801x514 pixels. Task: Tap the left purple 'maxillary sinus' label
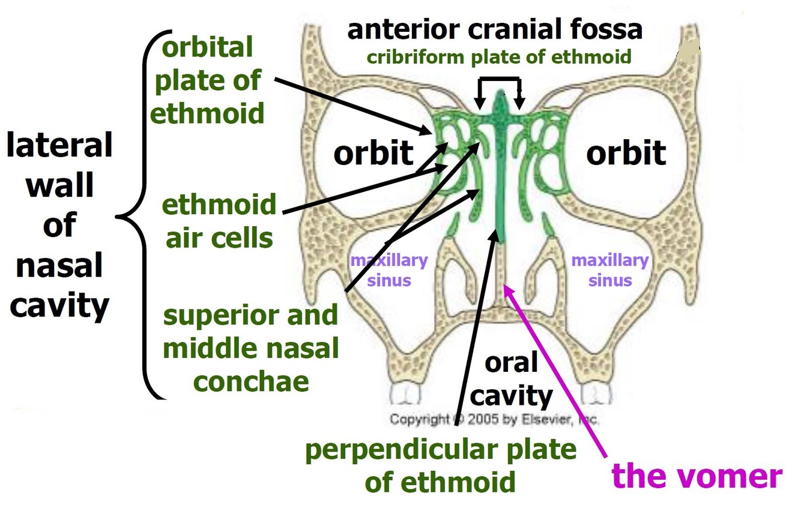[389, 270]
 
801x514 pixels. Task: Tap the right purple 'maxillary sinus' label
[610, 270]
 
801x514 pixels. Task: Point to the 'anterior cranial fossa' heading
[495, 30]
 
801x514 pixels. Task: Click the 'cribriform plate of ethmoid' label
[499, 57]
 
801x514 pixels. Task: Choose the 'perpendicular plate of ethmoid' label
[441, 465]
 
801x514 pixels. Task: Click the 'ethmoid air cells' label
[219, 221]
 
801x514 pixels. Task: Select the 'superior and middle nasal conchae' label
[250, 348]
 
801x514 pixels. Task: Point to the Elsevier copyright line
[494, 419]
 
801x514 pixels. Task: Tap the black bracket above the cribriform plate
[499, 81]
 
